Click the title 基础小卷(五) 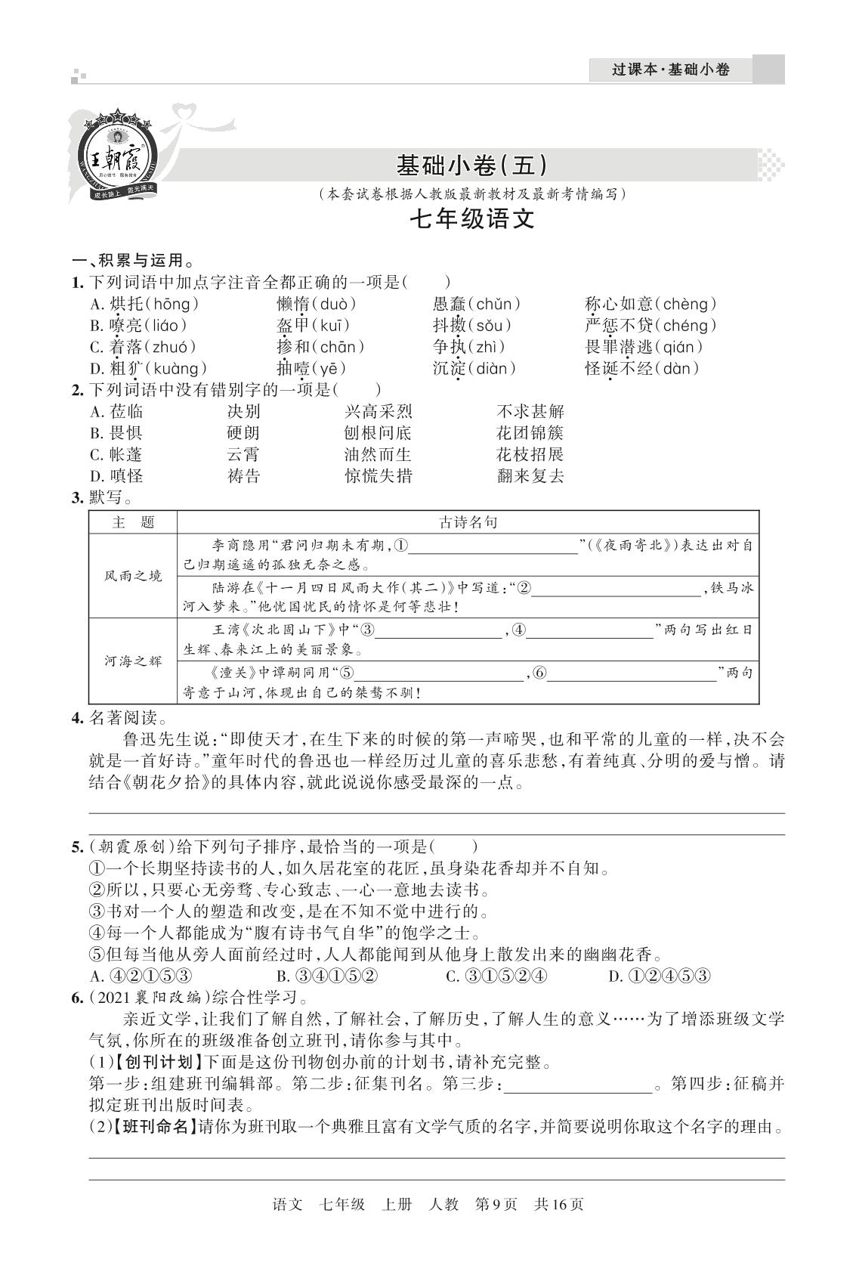pos(471,166)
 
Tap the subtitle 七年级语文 pos(471,219)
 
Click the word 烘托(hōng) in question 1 pos(144,305)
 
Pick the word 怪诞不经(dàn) pos(641,369)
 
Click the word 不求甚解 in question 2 pos(530,412)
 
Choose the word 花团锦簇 pos(530,433)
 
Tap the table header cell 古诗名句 pos(468,522)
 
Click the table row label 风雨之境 pos(133,576)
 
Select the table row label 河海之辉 pos(133,661)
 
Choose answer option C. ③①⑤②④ pos(496,976)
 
